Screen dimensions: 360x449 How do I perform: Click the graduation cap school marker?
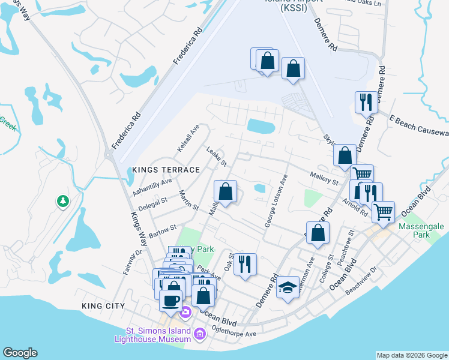pyautogui.click(x=288, y=289)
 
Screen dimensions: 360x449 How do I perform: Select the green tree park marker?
pyautogui.click(x=62, y=202)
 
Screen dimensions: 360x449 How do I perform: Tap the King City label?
pyautogui.click(x=103, y=306)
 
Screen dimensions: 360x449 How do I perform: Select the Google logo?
pyautogui.click(x=19, y=353)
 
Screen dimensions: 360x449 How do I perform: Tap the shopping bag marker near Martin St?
pyautogui.click(x=226, y=192)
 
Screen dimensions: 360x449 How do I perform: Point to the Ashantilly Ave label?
pyautogui.click(x=152, y=188)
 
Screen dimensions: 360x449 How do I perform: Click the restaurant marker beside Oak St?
pyautogui.click(x=244, y=264)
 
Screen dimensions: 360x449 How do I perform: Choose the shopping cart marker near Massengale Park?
pyautogui.click(x=383, y=211)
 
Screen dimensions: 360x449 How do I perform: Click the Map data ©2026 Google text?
pyautogui.click(x=411, y=355)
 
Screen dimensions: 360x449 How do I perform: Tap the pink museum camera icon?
pyautogui.click(x=185, y=312)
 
